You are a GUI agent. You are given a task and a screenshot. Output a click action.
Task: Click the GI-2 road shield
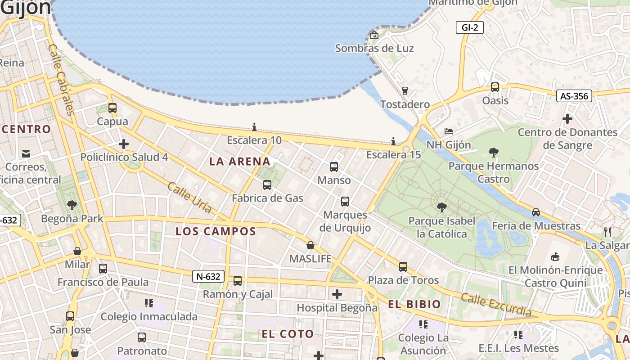[469, 27]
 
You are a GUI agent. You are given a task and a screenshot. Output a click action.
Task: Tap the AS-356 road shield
[574, 96]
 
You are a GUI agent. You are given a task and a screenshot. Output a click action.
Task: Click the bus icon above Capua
[112, 108]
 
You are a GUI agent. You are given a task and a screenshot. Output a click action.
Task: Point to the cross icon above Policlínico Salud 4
[124, 144]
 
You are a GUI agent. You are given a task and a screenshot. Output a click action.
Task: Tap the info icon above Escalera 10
[254, 127]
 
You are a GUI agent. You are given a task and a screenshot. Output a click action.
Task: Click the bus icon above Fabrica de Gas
[267, 184]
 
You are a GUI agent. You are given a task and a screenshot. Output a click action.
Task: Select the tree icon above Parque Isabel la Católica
[442, 207]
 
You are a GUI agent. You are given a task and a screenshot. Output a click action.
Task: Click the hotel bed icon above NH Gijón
[449, 131]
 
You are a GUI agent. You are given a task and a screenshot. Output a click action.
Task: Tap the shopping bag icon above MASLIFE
[310, 245]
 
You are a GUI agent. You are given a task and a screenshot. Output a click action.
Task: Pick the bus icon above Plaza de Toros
[403, 267]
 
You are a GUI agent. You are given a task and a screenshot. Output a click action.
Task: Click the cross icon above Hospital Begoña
[337, 295]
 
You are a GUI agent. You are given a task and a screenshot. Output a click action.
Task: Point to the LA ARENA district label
[240, 161]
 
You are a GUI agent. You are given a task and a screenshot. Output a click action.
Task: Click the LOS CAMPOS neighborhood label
[216, 231]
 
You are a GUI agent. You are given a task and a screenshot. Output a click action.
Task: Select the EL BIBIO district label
[414, 304]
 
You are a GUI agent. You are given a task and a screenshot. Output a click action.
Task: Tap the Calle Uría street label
[189, 197]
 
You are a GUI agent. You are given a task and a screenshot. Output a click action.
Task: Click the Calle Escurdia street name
[496, 305]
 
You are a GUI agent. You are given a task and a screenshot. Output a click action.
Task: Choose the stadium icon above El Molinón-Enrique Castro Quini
[556, 256]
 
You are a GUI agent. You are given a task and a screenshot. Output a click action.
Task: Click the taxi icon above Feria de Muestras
[536, 212]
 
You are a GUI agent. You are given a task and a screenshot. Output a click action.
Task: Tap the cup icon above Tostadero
[405, 91]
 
